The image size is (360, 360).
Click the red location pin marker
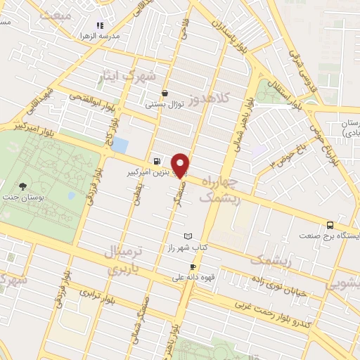click(180, 164)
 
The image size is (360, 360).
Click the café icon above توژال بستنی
click(165, 93)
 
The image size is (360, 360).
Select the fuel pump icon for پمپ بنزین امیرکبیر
click(155, 160)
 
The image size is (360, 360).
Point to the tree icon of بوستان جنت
click(23, 186)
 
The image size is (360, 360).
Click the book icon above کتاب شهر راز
click(187, 236)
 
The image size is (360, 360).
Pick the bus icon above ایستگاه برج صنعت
click(330, 226)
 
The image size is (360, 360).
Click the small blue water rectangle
click(120, 146)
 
